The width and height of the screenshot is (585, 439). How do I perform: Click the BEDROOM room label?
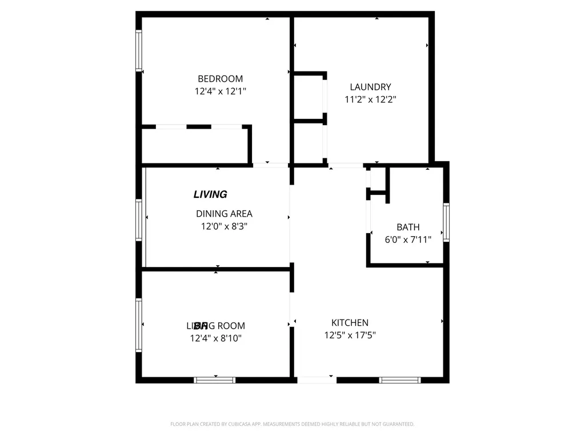coord(220,79)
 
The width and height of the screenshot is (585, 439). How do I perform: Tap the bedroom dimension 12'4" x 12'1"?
coord(220,91)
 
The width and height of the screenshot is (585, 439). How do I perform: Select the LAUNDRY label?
coord(370,87)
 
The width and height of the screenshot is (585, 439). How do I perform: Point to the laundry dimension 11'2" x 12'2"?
coord(370,99)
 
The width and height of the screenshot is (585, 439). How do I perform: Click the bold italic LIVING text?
coord(210,194)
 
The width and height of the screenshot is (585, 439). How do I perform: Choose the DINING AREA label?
coord(224,214)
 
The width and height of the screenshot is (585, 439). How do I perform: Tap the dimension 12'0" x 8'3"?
coord(224,226)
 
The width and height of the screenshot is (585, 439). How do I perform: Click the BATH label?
coord(408,228)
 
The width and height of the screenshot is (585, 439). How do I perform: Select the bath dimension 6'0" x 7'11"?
coord(408,240)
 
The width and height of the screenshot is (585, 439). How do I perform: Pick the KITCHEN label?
coord(350,323)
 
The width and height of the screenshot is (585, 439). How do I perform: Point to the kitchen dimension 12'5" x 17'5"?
coord(350,336)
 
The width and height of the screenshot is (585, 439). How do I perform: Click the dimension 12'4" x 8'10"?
coord(216,338)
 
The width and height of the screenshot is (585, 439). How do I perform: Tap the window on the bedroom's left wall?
coord(138,50)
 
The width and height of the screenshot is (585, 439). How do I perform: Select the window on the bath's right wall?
coord(446,222)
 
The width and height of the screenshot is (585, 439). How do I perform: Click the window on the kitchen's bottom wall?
coord(400,380)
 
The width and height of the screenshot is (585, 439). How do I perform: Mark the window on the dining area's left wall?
coord(138,219)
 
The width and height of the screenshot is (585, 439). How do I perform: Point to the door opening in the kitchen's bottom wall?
coord(317,380)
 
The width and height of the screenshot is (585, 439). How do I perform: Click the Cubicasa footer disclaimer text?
coord(292,424)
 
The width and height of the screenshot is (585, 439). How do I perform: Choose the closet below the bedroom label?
coord(194,146)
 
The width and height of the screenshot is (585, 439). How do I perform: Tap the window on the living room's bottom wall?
coord(214,380)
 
